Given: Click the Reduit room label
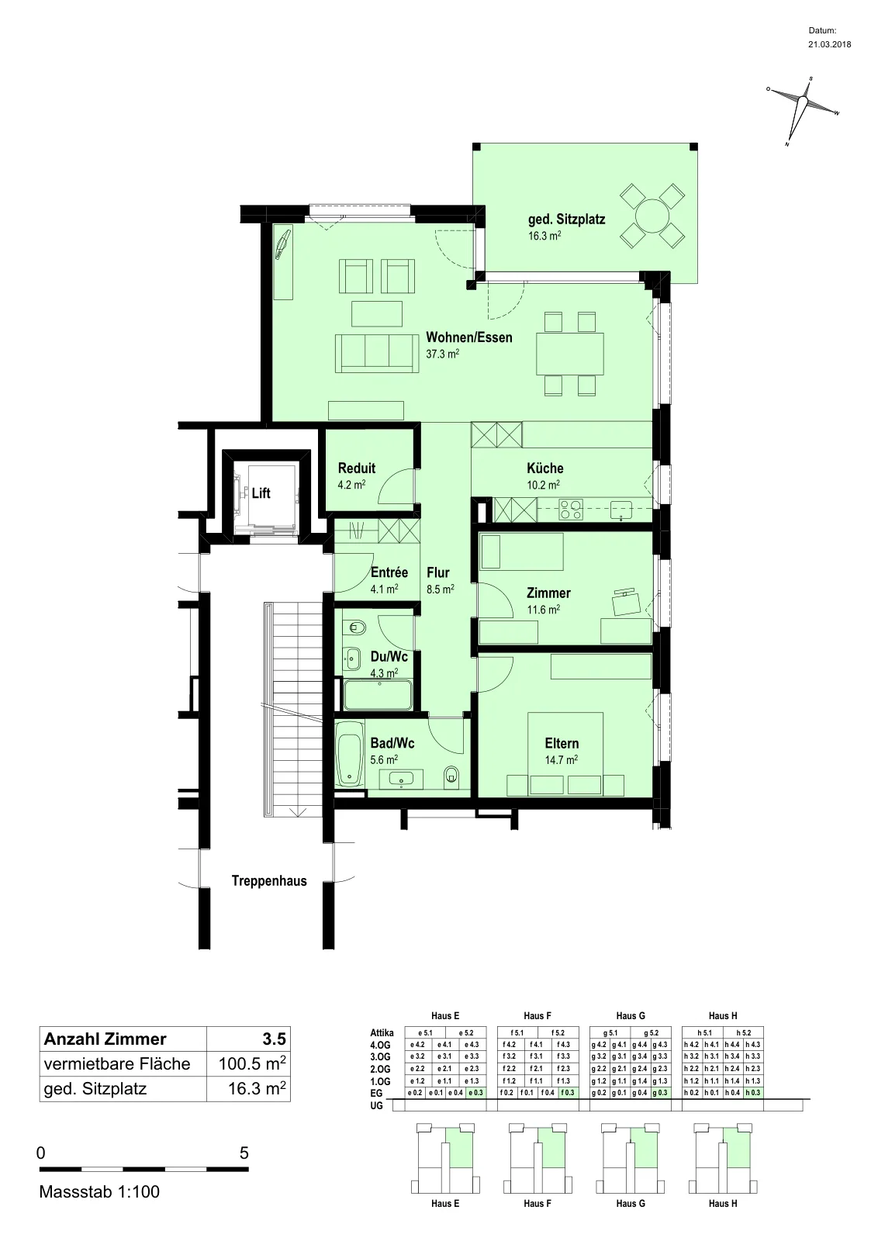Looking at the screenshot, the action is pos(357,468).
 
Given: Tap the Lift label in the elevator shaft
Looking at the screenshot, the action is pos(261,493).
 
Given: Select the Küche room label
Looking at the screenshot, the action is pos(545,468).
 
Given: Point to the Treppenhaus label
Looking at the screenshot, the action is pos(269,881).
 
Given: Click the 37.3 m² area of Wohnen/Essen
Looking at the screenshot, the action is pos(443,354).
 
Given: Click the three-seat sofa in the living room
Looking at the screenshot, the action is pos(377,354).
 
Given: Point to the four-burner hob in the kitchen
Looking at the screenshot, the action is pos(571,509).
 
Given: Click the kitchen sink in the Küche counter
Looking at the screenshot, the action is pos(621,509).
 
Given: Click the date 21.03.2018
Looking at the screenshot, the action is pos(829,44).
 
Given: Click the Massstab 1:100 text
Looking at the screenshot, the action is pos(99,1192).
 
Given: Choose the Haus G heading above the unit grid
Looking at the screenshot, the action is pos(631,1016).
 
